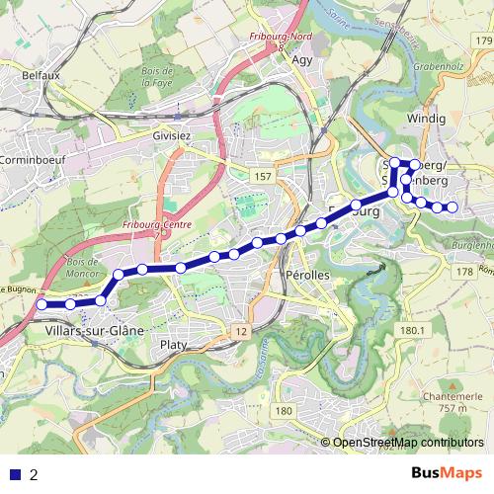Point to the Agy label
pyautogui.click(x=302, y=58)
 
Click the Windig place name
pyautogui.click(x=426, y=119)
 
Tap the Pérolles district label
pyautogui.click(x=305, y=274)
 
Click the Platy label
pyautogui.click(x=174, y=345)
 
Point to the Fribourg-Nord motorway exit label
pyautogui.click(x=280, y=38)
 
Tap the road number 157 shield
pyautogui.click(x=262, y=176)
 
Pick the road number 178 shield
pyautogui.click(x=464, y=271)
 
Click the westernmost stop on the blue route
pyautogui.click(x=41, y=305)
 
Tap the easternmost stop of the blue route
pyautogui.click(x=453, y=207)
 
